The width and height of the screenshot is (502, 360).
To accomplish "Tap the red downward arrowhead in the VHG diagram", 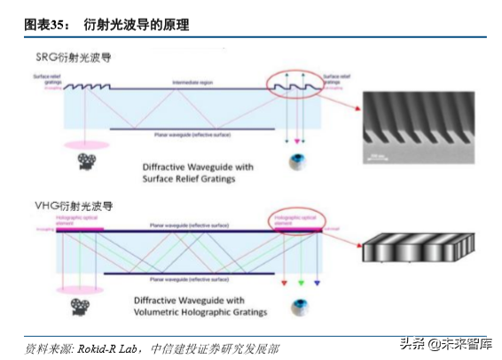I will pyautogui.click(x=283, y=286).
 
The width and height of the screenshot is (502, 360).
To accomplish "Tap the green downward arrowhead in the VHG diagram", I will pyautogui.click(x=301, y=286).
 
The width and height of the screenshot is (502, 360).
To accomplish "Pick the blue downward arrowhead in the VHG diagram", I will pyautogui.click(x=318, y=286).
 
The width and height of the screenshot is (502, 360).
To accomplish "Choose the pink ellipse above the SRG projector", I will pyautogui.click(x=86, y=144).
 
